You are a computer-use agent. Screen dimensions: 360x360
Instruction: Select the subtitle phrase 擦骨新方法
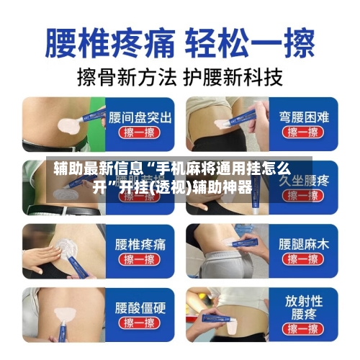pos(120,76)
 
